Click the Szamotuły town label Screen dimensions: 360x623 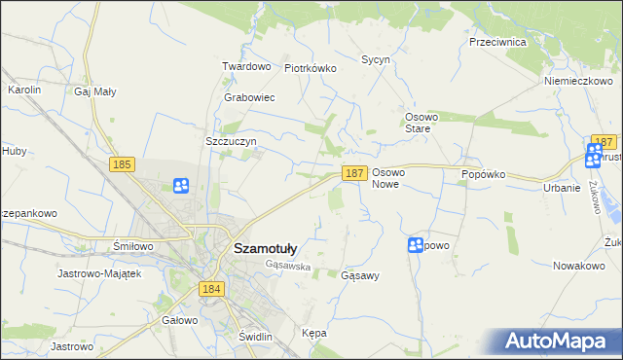point(266,248)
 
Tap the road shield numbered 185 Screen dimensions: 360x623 point(122,165)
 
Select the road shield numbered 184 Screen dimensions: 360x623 point(211,289)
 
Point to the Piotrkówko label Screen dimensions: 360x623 point(310,68)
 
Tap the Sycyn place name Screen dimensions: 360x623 point(376,59)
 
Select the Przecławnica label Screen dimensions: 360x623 point(497,43)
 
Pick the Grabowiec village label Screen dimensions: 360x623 point(249,98)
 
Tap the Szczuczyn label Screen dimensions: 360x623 point(231,141)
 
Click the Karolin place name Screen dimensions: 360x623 point(24,90)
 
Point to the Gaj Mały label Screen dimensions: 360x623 point(95,91)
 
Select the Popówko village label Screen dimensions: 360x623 point(484,173)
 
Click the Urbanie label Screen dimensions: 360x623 point(563,188)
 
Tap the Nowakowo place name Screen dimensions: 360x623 point(579,266)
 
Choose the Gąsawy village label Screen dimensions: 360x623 point(360,275)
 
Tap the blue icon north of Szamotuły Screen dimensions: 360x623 point(181,185)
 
